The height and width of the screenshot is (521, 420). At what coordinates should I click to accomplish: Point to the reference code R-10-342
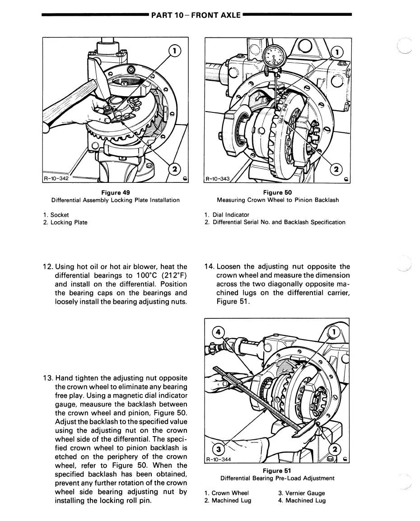tap(56, 178)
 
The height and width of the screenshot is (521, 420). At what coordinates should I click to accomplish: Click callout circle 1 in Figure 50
tap(337, 52)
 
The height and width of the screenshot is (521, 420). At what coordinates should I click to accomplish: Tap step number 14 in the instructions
tap(209, 266)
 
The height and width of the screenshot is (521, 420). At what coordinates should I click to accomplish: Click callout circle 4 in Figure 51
tap(219, 332)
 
